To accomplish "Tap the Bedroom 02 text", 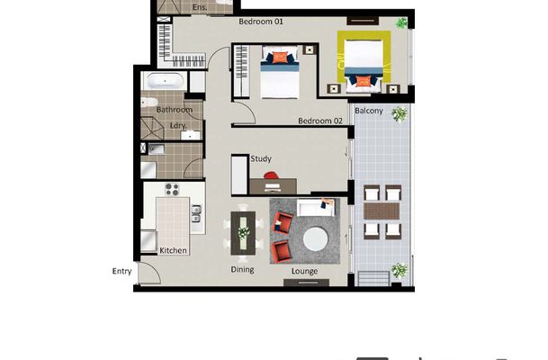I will tap(320, 121).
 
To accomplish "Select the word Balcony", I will tap(370, 111).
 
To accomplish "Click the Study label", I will tap(261, 159).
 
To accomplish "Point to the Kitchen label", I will tap(173, 250).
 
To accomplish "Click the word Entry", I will tap(121, 271).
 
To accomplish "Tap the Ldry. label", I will tap(177, 126).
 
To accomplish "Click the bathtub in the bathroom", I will tap(166, 84).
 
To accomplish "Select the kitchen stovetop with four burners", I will tap(172, 190).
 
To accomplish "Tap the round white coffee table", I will tap(316, 238).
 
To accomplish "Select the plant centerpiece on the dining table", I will tap(244, 232).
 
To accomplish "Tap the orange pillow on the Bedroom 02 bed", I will tap(280, 58).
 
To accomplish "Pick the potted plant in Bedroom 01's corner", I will tap(402, 22).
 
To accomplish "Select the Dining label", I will tap(242, 269).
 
